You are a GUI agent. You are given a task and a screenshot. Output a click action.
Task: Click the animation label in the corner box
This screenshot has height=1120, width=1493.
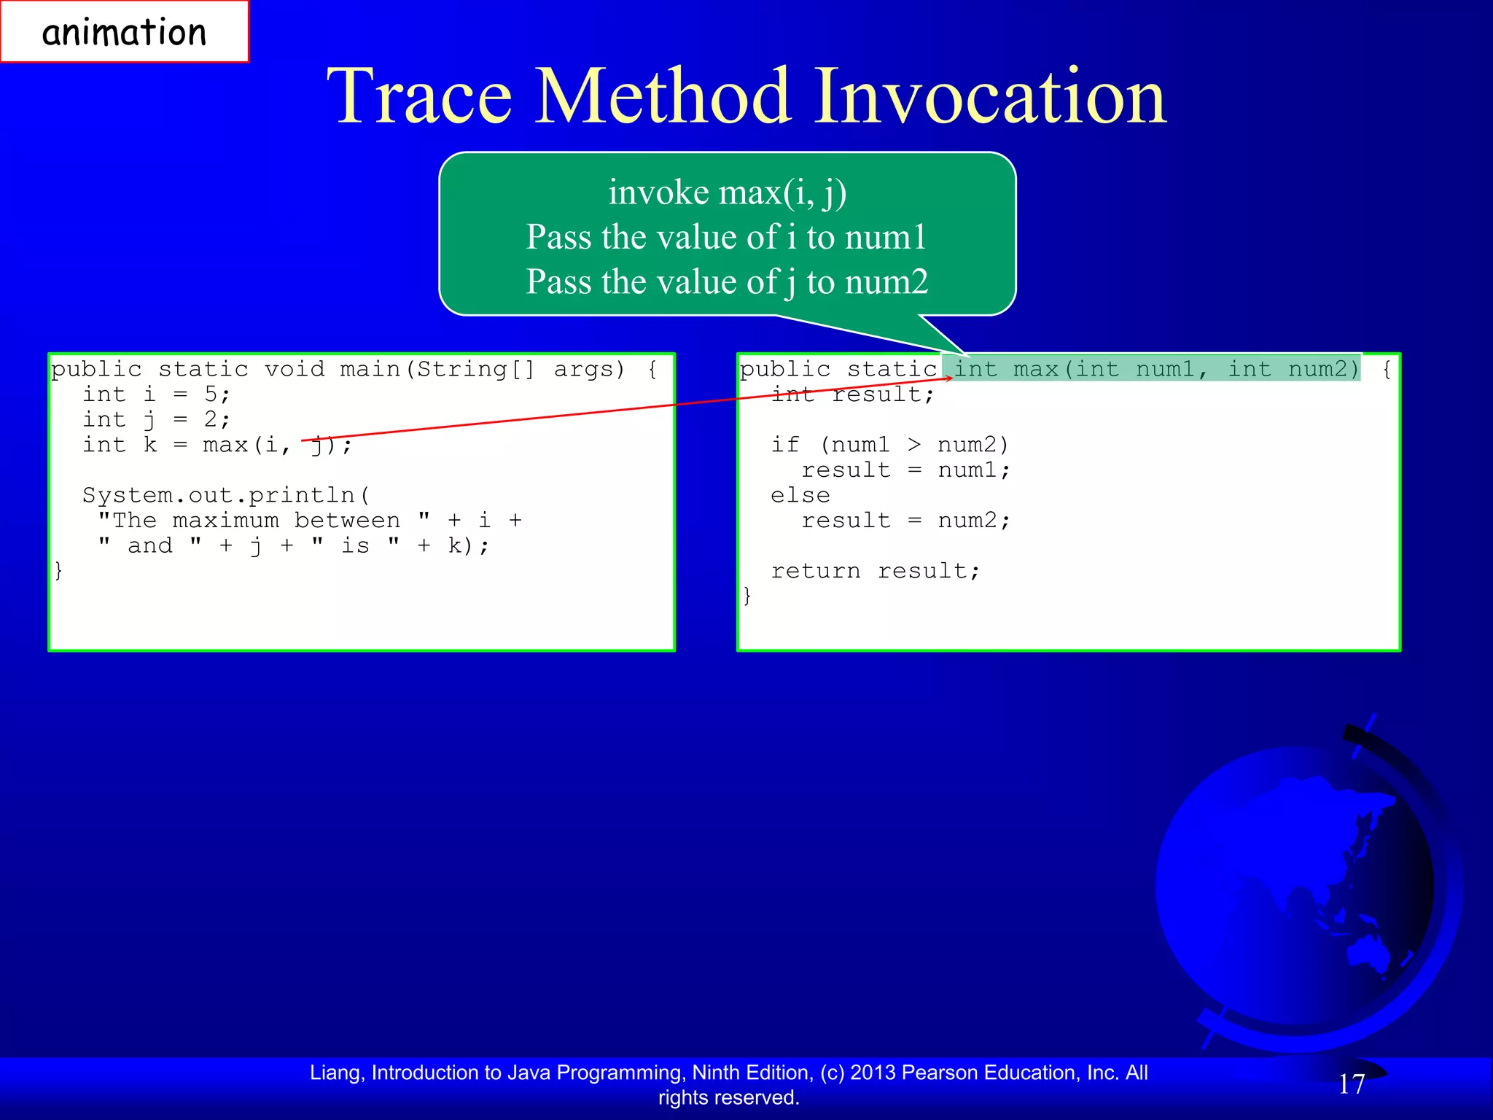point(124,33)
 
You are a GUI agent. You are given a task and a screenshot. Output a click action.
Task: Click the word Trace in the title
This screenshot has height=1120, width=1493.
point(419,96)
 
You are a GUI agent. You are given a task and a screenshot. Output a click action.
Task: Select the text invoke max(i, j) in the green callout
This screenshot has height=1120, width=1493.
point(727,192)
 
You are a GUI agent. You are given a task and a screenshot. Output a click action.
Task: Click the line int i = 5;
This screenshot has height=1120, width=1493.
point(156,394)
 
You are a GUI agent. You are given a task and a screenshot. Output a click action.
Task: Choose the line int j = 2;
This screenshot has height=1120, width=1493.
point(156,420)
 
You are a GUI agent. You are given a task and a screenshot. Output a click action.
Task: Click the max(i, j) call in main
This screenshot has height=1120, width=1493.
point(277,445)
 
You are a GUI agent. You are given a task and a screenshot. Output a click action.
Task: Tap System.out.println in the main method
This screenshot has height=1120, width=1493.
point(226,495)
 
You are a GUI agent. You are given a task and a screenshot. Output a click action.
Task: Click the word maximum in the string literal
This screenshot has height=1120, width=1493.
point(226,521)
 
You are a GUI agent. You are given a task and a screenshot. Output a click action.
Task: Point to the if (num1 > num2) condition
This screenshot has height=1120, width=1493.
point(889,445)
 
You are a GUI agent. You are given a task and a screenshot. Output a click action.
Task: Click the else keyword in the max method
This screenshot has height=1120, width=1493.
point(800,495)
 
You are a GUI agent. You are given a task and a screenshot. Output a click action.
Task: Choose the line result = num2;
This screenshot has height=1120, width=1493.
point(905,521)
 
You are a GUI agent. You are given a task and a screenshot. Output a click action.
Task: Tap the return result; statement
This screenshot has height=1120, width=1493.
point(875,571)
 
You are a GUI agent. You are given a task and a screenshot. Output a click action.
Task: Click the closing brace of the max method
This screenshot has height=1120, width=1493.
point(746,596)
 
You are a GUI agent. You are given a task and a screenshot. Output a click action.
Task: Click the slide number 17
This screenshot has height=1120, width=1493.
point(1351,1084)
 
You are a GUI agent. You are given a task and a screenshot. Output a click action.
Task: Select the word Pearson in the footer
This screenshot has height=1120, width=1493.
point(943,1073)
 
